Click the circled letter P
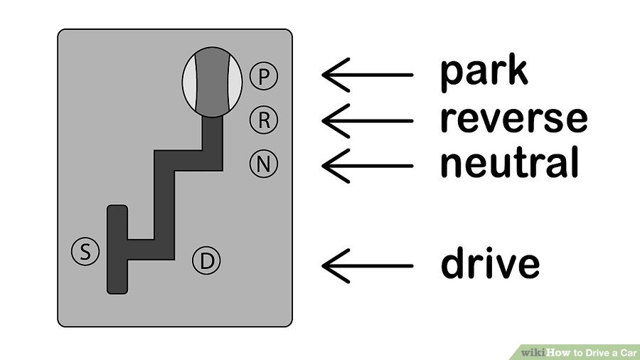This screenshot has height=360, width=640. pos(264,76)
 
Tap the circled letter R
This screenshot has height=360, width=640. pos(264,120)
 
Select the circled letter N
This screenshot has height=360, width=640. pos(264,164)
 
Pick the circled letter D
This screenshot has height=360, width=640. pos(206,260)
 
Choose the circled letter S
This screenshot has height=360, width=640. pos(85,251)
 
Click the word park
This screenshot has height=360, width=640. pos(484,73)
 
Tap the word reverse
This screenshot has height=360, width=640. pos(514,119)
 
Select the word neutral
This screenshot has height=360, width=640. pos(509,162)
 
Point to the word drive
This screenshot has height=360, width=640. pos(490,263)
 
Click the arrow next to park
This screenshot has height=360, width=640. pos(368,75)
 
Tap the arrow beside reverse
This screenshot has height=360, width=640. pos(368,121)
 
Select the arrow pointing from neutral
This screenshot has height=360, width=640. pos(368,166)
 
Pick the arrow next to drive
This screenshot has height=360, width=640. pos(368,265)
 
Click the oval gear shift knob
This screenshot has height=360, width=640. pos(212,82)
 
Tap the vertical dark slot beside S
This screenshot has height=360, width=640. pos(117,250)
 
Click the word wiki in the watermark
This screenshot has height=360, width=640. pos(533,352)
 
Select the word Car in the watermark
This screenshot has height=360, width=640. pos(629,353)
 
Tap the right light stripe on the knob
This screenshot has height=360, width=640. pos(234,82)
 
